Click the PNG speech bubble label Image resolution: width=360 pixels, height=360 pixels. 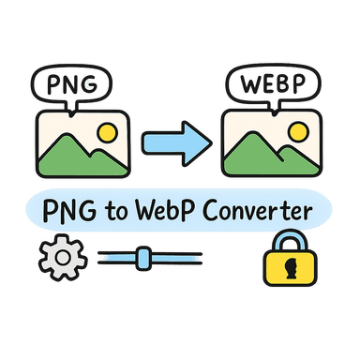(69, 84)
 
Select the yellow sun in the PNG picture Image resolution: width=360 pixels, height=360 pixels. (107, 134)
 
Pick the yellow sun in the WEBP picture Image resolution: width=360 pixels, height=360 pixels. (292, 134)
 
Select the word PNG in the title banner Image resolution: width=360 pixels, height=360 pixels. (76, 212)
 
